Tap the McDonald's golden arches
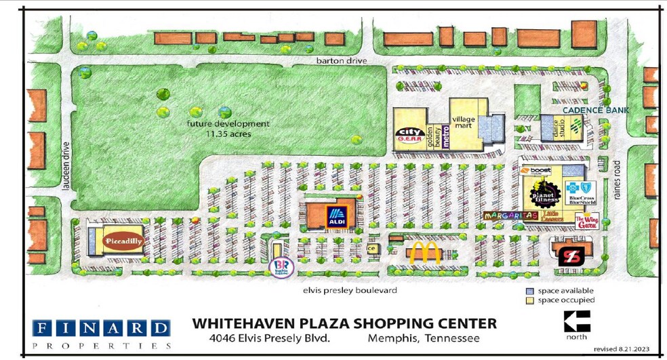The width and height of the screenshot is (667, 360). coord(423,254)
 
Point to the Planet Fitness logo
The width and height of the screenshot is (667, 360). coord(544,197)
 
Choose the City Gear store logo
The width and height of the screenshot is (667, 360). coord(409,136)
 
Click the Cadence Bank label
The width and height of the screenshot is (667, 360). coord(594,110)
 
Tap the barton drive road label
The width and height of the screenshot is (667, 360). coord(341,61)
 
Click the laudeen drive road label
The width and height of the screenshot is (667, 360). coord(66,165)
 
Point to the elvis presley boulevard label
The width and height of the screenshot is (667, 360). coord(349,290)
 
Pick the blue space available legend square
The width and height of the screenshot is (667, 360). coord(531,291)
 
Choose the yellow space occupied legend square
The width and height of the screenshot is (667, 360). coord(531,300)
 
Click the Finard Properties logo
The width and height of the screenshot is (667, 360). coord(101,333)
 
